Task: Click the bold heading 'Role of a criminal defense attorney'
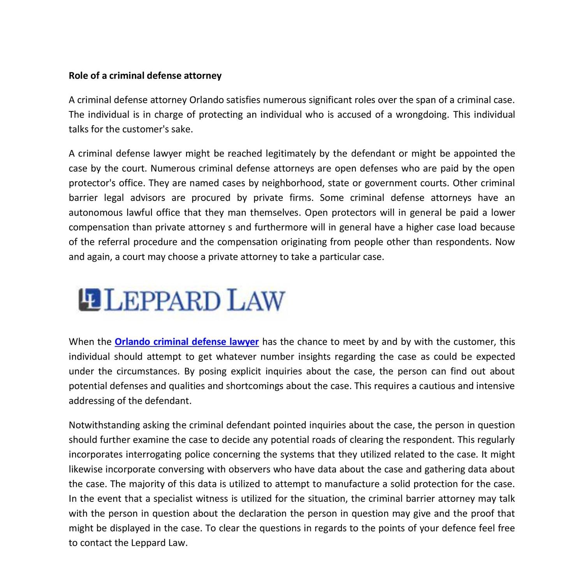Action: pyautogui.click(x=145, y=76)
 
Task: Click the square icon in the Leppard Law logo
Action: pyautogui.click(x=90, y=300)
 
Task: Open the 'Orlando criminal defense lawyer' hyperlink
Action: pyautogui.click(x=186, y=342)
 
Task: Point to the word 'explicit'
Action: pyautogui.click(x=246, y=371)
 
